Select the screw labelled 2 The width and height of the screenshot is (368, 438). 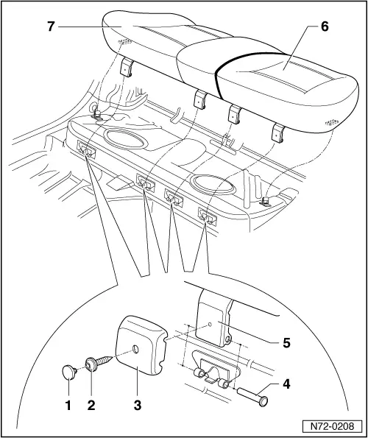tap(96, 364)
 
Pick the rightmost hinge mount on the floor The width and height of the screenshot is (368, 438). tap(207, 216)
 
